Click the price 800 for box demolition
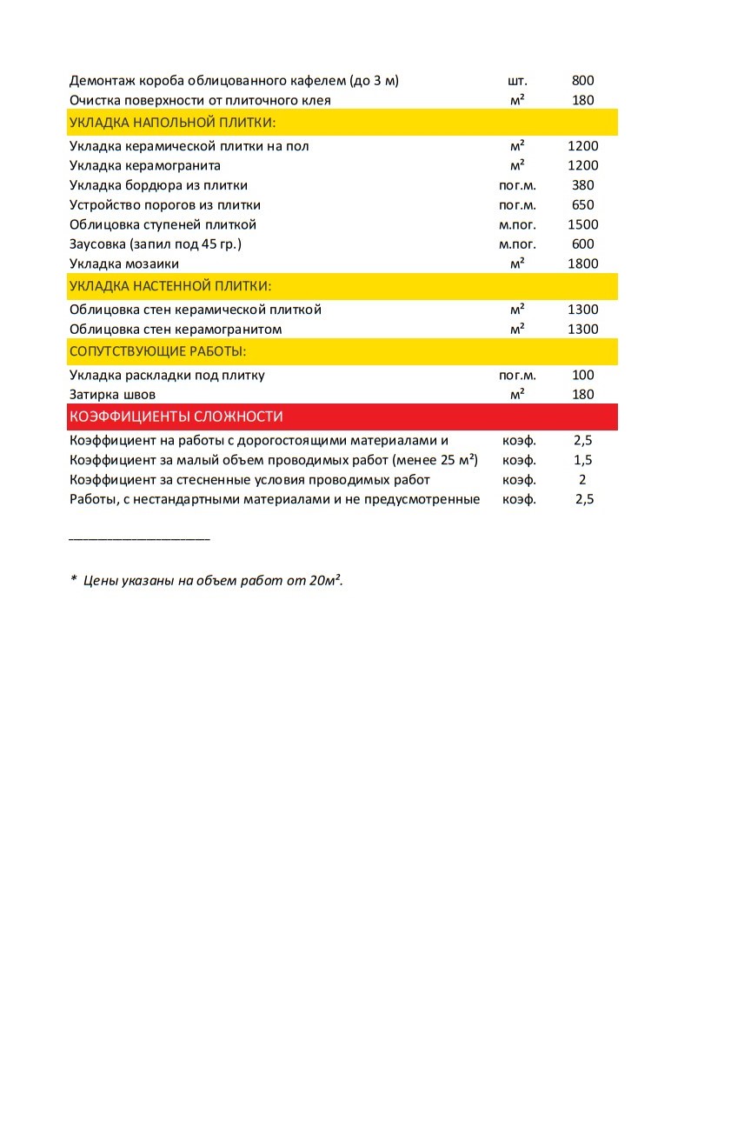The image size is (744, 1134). click(582, 81)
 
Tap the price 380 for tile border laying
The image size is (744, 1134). click(582, 185)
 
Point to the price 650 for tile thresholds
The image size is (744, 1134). click(582, 205)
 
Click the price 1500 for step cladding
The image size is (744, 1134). click(582, 224)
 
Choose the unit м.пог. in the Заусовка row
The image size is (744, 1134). click(517, 244)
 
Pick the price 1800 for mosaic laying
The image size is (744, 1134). click(582, 263)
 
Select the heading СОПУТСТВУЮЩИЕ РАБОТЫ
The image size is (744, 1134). click(157, 351)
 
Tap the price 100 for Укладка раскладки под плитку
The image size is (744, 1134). click(582, 376)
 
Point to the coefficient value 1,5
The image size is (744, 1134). click(582, 460)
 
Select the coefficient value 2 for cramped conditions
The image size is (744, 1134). click(582, 480)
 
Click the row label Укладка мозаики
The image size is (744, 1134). click(124, 263)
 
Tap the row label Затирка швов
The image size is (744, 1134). click(113, 395)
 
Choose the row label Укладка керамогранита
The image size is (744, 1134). click(145, 165)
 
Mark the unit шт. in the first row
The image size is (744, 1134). click(517, 81)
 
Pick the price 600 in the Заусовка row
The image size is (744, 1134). click(582, 244)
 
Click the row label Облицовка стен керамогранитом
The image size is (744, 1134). click(176, 330)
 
